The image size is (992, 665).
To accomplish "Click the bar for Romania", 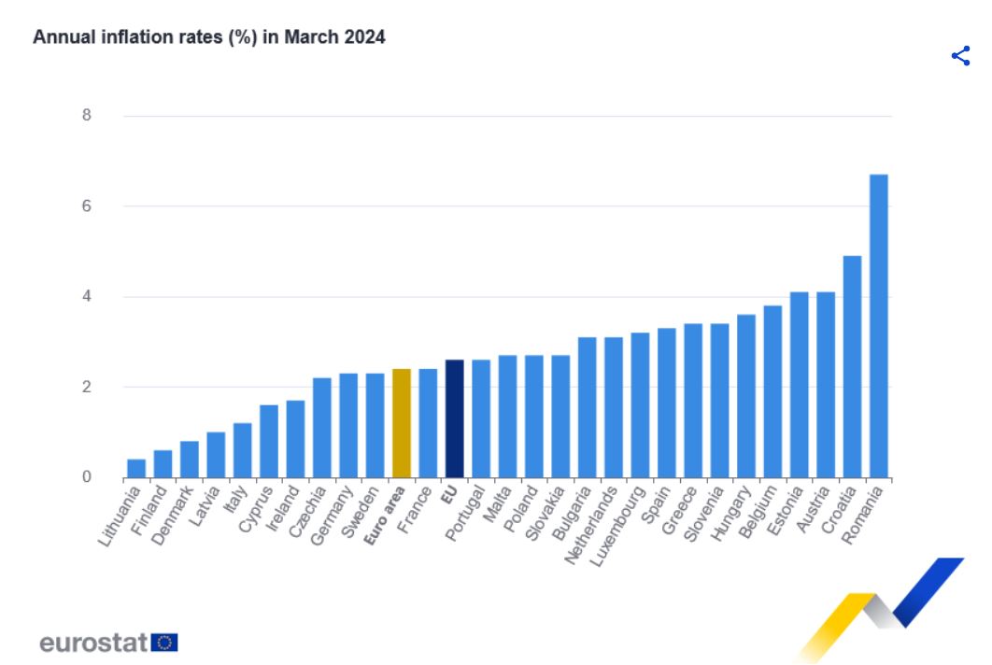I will coord(878,326).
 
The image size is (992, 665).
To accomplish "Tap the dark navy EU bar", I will coord(454,418).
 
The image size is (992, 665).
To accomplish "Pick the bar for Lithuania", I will coord(136,468).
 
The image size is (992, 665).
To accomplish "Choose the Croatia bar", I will coord(852,366).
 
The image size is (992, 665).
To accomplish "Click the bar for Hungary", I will coord(745,396).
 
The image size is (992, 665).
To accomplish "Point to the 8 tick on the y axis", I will coord(87,116).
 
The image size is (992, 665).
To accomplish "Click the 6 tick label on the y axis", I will coord(87,206).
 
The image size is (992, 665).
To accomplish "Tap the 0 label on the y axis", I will coord(87,477).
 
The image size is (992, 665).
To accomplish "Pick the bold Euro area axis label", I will coord(385,515).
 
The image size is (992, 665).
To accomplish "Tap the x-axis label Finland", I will coord(150,508).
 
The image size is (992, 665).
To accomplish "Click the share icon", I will coord(960,56).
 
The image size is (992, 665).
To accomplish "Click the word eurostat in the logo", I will coord(93,643).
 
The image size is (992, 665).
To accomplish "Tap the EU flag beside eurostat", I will coord(165,642).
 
